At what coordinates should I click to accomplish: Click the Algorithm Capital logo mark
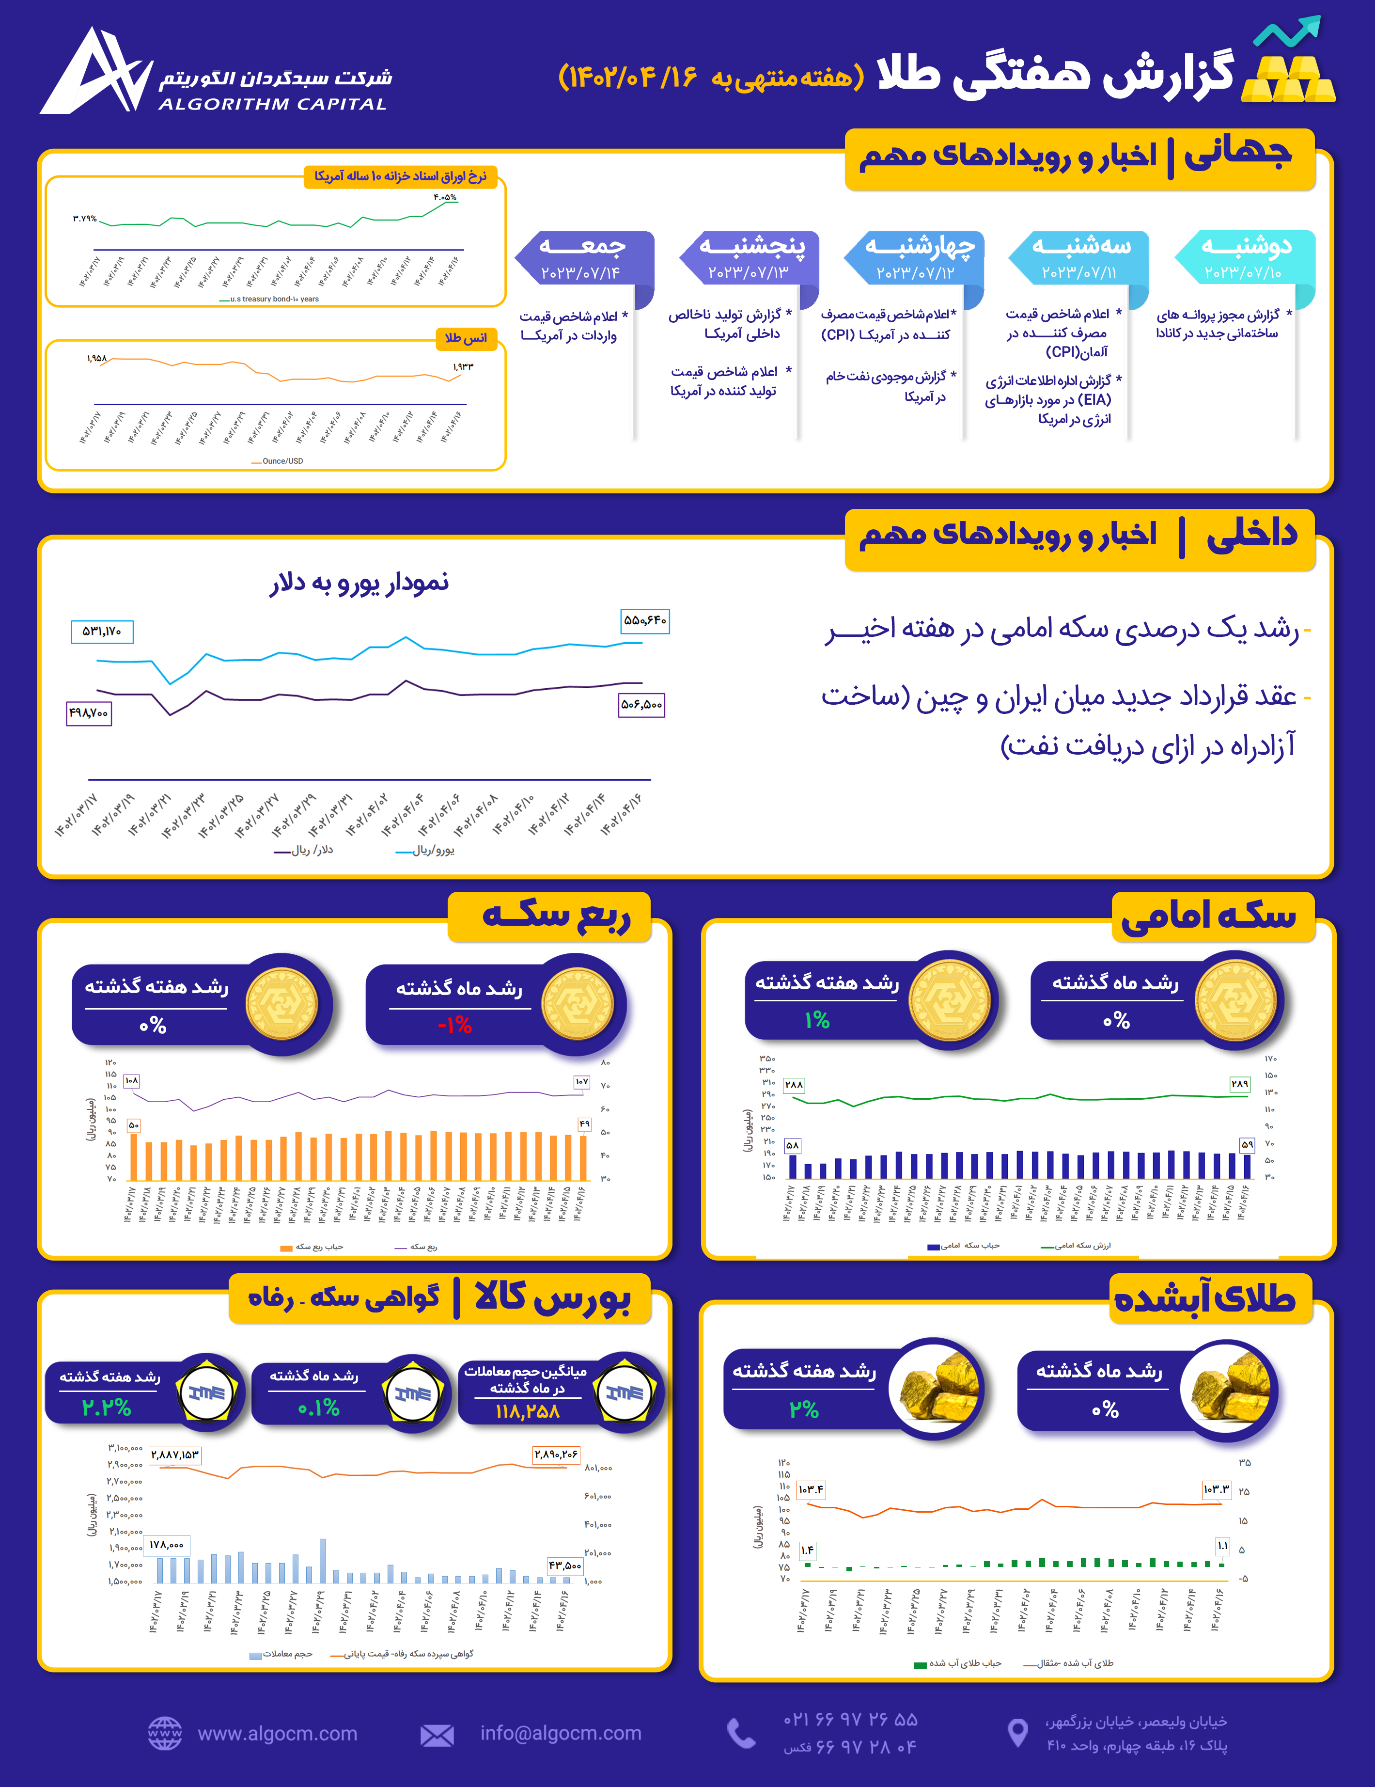pyautogui.click(x=96, y=72)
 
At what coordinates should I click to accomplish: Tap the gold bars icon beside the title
pyautogui.click(x=1288, y=79)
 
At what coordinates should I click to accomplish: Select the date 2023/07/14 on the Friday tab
pyautogui.click(x=581, y=272)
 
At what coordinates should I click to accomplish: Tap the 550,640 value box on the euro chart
pyautogui.click(x=644, y=621)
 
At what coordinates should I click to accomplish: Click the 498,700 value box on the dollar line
pyautogui.click(x=88, y=713)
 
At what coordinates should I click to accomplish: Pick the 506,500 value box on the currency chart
pyautogui.click(x=641, y=705)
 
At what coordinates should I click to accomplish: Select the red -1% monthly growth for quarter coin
pyautogui.click(x=455, y=1025)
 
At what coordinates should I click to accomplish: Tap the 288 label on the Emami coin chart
pyautogui.click(x=794, y=1085)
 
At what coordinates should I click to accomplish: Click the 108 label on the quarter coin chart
pyautogui.click(x=132, y=1081)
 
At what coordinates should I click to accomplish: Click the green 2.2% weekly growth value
pyautogui.click(x=106, y=1407)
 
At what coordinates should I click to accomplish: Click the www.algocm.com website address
pyautogui.click(x=277, y=1734)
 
